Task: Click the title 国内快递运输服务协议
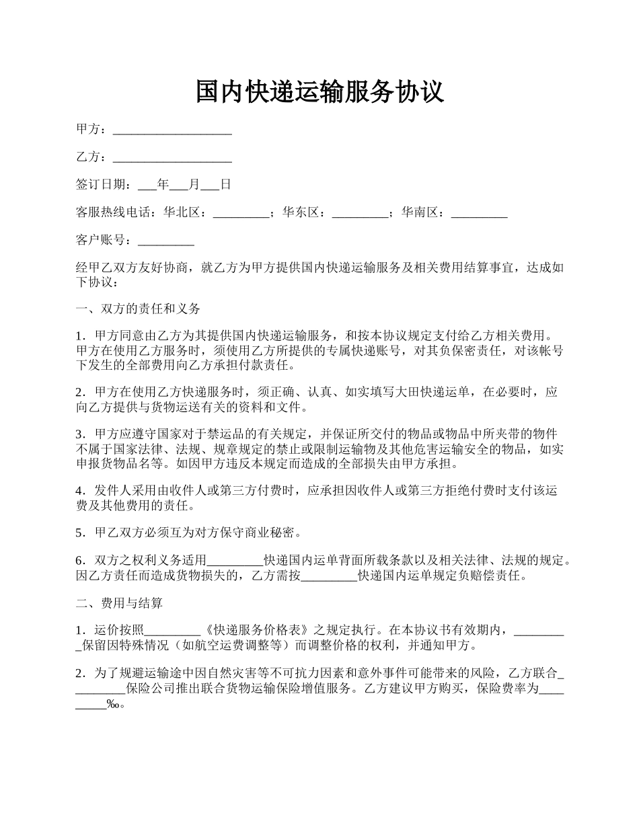tap(319, 91)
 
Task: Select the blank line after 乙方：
tap(172, 158)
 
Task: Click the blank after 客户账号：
tap(165, 241)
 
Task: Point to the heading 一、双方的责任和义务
tap(138, 309)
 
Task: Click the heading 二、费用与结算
tap(119, 604)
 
